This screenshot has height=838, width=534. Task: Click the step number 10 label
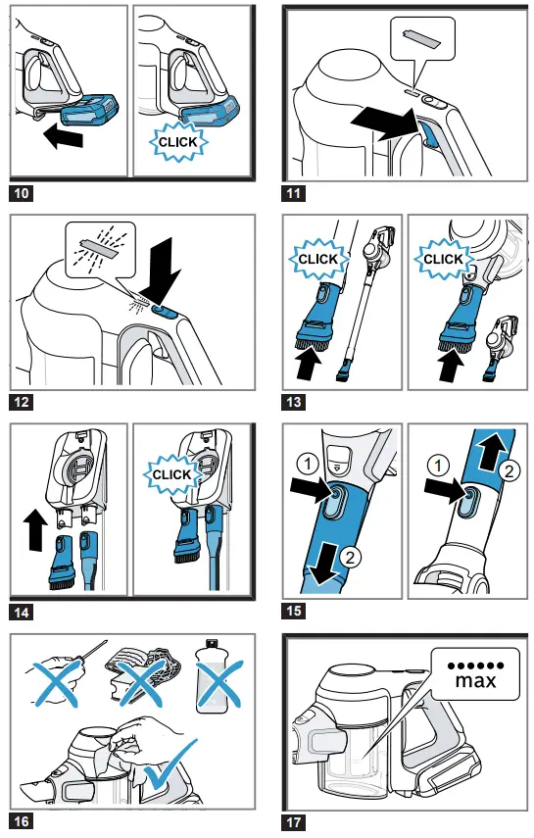pos(22,193)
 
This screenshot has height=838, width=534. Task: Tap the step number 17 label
pos(294,821)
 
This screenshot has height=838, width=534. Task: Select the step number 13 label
pos(294,402)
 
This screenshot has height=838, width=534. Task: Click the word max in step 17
pos(476,681)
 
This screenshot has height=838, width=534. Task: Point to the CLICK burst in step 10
pos(178,142)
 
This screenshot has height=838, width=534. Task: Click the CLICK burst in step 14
pos(171,474)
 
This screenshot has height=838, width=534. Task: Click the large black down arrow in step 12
pos(164,271)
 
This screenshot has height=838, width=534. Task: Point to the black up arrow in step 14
pos(34,530)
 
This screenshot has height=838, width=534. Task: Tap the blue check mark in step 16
pos(170,765)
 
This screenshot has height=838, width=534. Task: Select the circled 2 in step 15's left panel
pos(350,558)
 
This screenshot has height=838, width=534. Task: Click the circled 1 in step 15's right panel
pos(438,466)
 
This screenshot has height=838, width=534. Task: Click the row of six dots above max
pos(476,665)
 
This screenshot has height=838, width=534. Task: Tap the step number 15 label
pos(294,611)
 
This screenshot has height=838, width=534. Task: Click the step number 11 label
pos(294,193)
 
